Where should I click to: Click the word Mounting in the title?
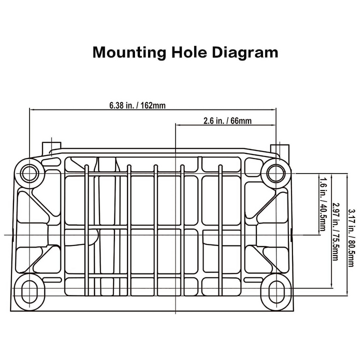(x=129, y=52)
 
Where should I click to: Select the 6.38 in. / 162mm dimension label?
(x=137, y=105)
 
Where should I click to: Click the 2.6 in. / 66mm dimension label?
(x=227, y=121)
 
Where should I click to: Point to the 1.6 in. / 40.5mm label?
(x=323, y=203)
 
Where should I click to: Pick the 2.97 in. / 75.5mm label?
(x=335, y=231)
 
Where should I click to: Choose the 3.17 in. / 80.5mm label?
(x=351, y=237)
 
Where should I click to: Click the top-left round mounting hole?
(x=29, y=173)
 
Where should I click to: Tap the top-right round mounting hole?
(x=275, y=173)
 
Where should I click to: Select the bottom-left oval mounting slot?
(x=29, y=291)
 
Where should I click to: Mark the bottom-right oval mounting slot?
(x=275, y=291)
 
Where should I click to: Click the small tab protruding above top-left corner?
(x=51, y=147)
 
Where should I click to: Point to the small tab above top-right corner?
(x=280, y=149)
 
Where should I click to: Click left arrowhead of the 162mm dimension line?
(x=32, y=109)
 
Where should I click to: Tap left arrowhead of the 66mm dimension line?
(x=178, y=125)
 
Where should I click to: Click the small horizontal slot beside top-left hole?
(x=50, y=162)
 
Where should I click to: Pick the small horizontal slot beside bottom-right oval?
(x=253, y=280)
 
